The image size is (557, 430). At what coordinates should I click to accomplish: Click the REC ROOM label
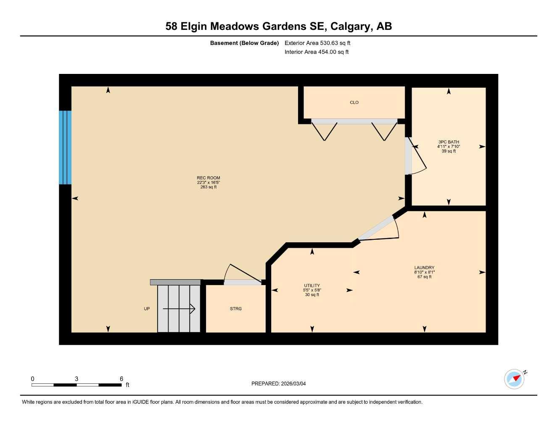209,178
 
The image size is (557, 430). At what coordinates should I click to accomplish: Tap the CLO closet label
354,102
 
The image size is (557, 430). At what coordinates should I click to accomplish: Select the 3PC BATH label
449,142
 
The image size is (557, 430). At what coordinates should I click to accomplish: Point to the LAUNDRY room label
424,267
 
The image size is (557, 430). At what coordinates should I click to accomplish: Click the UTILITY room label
312,286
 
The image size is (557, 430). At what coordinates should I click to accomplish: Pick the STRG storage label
236,309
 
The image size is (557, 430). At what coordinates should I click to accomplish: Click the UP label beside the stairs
147,309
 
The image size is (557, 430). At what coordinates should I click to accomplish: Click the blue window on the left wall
65,147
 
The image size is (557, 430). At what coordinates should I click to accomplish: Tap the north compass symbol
515,379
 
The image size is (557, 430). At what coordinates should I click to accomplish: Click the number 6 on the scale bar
121,379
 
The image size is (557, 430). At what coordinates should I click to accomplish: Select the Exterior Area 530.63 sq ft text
317,43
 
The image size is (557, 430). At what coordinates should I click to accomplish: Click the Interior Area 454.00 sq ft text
317,52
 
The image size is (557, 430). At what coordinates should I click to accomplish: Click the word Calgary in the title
351,26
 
